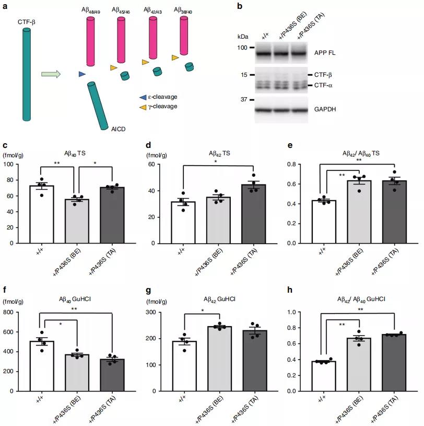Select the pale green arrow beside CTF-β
pos(51,74)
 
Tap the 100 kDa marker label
pos(242,48)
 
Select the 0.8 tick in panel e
pos(298,165)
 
